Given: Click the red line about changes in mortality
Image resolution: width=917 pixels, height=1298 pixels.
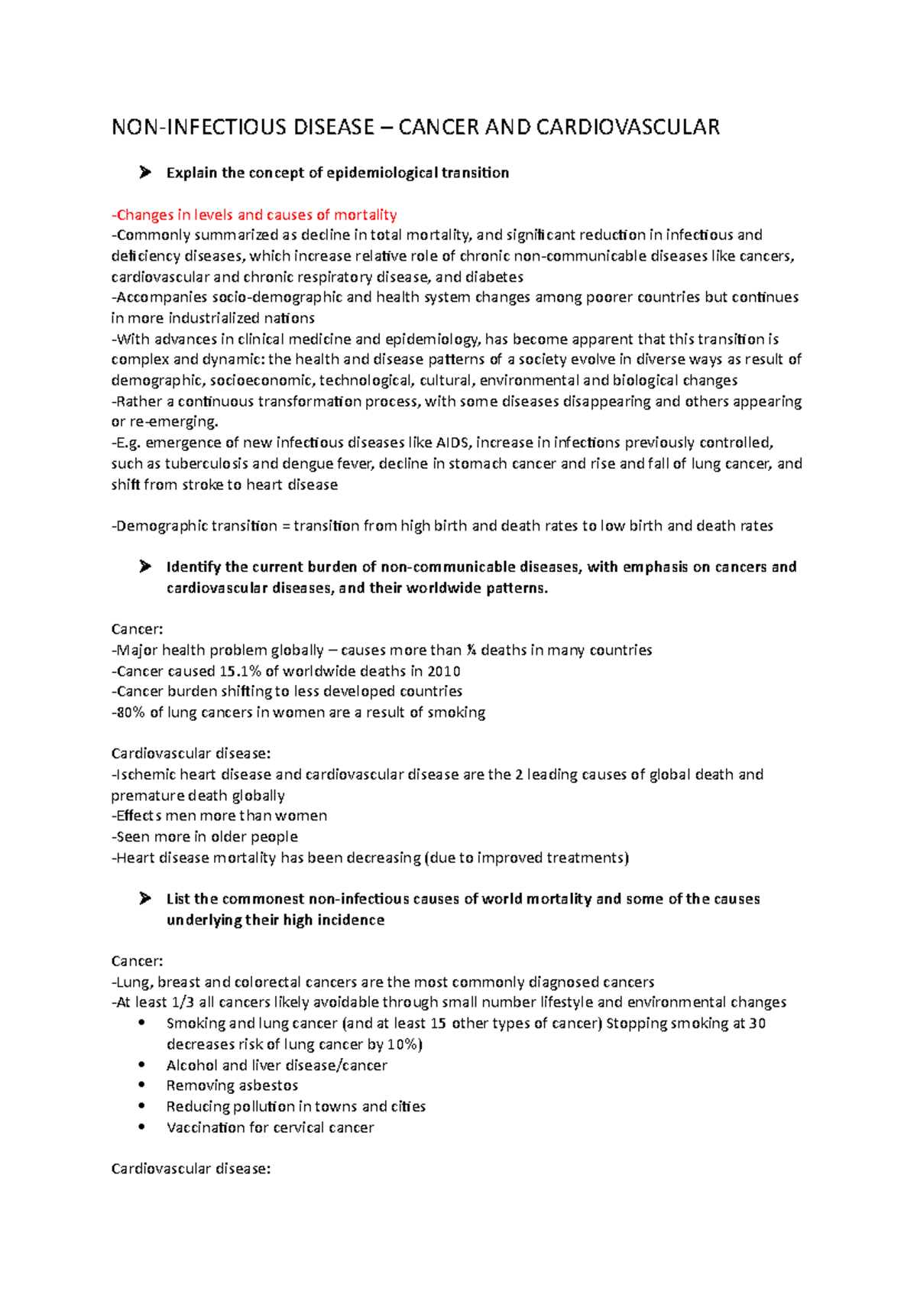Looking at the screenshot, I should click(x=254, y=215).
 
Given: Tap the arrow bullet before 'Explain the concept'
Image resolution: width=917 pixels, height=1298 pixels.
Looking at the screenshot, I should click(x=145, y=173).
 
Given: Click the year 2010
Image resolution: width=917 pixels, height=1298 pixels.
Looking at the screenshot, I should click(x=444, y=671).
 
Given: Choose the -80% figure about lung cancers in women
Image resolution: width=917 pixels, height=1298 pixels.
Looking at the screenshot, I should click(x=128, y=712).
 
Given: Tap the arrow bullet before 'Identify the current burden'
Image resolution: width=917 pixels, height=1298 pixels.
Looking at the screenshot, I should click(x=145, y=567).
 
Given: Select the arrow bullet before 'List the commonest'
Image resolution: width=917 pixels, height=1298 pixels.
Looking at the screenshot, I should click(x=145, y=899).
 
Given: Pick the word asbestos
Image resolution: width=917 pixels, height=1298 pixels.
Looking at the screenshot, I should click(x=267, y=1085).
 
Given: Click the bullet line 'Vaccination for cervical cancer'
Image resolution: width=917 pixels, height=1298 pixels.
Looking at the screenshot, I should click(x=270, y=1128).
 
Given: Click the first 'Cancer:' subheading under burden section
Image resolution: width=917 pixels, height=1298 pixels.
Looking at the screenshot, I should click(x=137, y=629).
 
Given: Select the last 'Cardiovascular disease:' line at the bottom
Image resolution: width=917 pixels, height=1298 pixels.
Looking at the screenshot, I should click(x=191, y=1169).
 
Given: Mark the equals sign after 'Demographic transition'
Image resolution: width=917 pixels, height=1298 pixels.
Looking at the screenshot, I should click(x=286, y=526).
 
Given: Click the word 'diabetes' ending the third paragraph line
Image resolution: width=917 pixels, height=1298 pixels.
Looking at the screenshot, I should click(x=494, y=277).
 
